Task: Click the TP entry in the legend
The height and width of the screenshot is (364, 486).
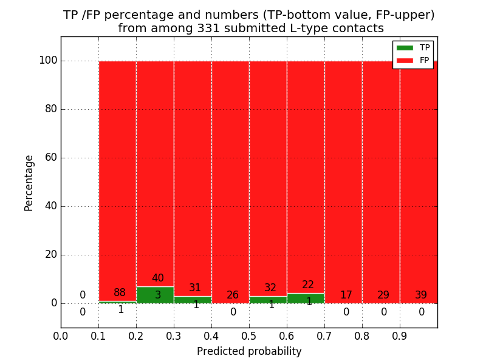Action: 413,48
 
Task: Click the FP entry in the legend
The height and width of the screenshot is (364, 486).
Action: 413,60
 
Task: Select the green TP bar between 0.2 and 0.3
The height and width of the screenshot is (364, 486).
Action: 155,295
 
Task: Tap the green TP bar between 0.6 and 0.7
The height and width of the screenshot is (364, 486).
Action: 306,298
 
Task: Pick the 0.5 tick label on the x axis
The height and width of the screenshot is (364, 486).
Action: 249,335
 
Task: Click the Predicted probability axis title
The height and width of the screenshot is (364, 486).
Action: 249,351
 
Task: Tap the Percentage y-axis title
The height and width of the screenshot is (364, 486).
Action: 29,183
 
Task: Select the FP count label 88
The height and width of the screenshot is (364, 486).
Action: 120,293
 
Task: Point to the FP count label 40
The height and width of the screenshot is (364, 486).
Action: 158,278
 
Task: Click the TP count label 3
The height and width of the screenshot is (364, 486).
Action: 158,295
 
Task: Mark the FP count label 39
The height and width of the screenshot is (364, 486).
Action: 421,295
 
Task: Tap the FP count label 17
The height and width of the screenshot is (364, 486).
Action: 346,295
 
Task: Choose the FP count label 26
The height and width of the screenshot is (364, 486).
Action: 233,295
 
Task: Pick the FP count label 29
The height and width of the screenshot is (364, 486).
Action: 383,295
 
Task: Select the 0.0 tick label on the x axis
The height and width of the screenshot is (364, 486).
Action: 61,335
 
